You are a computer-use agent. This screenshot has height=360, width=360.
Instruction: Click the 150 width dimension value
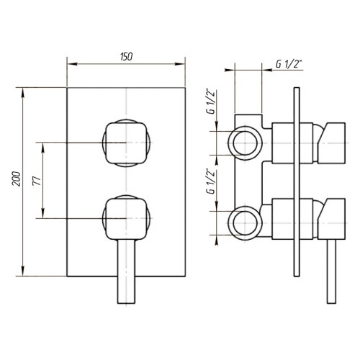click(126, 57)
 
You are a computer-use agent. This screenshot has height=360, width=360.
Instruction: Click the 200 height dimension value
click(17, 179)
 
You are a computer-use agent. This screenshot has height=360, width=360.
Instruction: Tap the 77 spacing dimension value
click(37, 181)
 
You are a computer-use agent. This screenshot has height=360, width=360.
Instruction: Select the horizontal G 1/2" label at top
click(289, 64)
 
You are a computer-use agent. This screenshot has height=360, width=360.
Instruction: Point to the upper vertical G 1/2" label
click(211, 102)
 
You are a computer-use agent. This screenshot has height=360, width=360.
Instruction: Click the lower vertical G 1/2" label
click(211, 182)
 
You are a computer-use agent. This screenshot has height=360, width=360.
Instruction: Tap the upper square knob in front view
click(126, 143)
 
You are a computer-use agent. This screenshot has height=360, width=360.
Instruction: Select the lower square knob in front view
click(126, 219)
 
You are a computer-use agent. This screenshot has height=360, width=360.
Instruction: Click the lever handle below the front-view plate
click(126, 271)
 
